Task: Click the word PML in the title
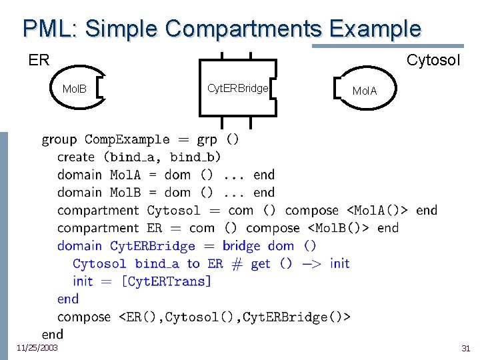50,29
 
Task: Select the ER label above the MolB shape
39,60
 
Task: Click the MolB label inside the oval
75,89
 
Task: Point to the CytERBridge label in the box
237,88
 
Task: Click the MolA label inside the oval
364,91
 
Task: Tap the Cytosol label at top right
433,60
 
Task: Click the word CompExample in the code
127,139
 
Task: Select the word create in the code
76,157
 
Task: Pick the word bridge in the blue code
241,246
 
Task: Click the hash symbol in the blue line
237,264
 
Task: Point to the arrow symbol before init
311,264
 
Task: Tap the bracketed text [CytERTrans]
167,281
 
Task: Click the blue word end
67,299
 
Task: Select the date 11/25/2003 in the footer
37,347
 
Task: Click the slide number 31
465,348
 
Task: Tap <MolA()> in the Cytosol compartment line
377,210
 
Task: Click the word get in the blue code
261,264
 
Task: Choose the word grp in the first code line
207,140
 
